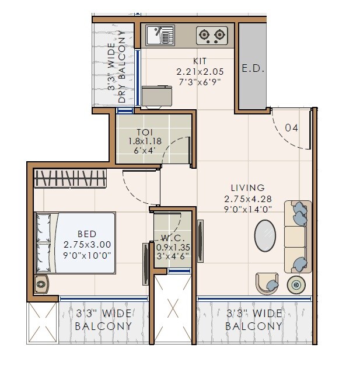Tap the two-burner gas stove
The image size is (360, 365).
point(212,36)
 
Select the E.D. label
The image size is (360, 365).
point(253,68)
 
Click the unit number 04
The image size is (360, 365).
point(291,128)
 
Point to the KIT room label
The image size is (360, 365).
point(200,61)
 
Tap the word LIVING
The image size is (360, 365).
point(247,188)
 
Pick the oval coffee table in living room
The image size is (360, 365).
point(265,236)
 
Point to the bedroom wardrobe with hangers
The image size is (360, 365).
point(71,178)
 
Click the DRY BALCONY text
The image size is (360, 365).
point(122,67)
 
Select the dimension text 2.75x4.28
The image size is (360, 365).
point(247,199)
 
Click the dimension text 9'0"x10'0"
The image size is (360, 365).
point(86,255)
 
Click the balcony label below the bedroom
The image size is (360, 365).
point(103,320)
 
